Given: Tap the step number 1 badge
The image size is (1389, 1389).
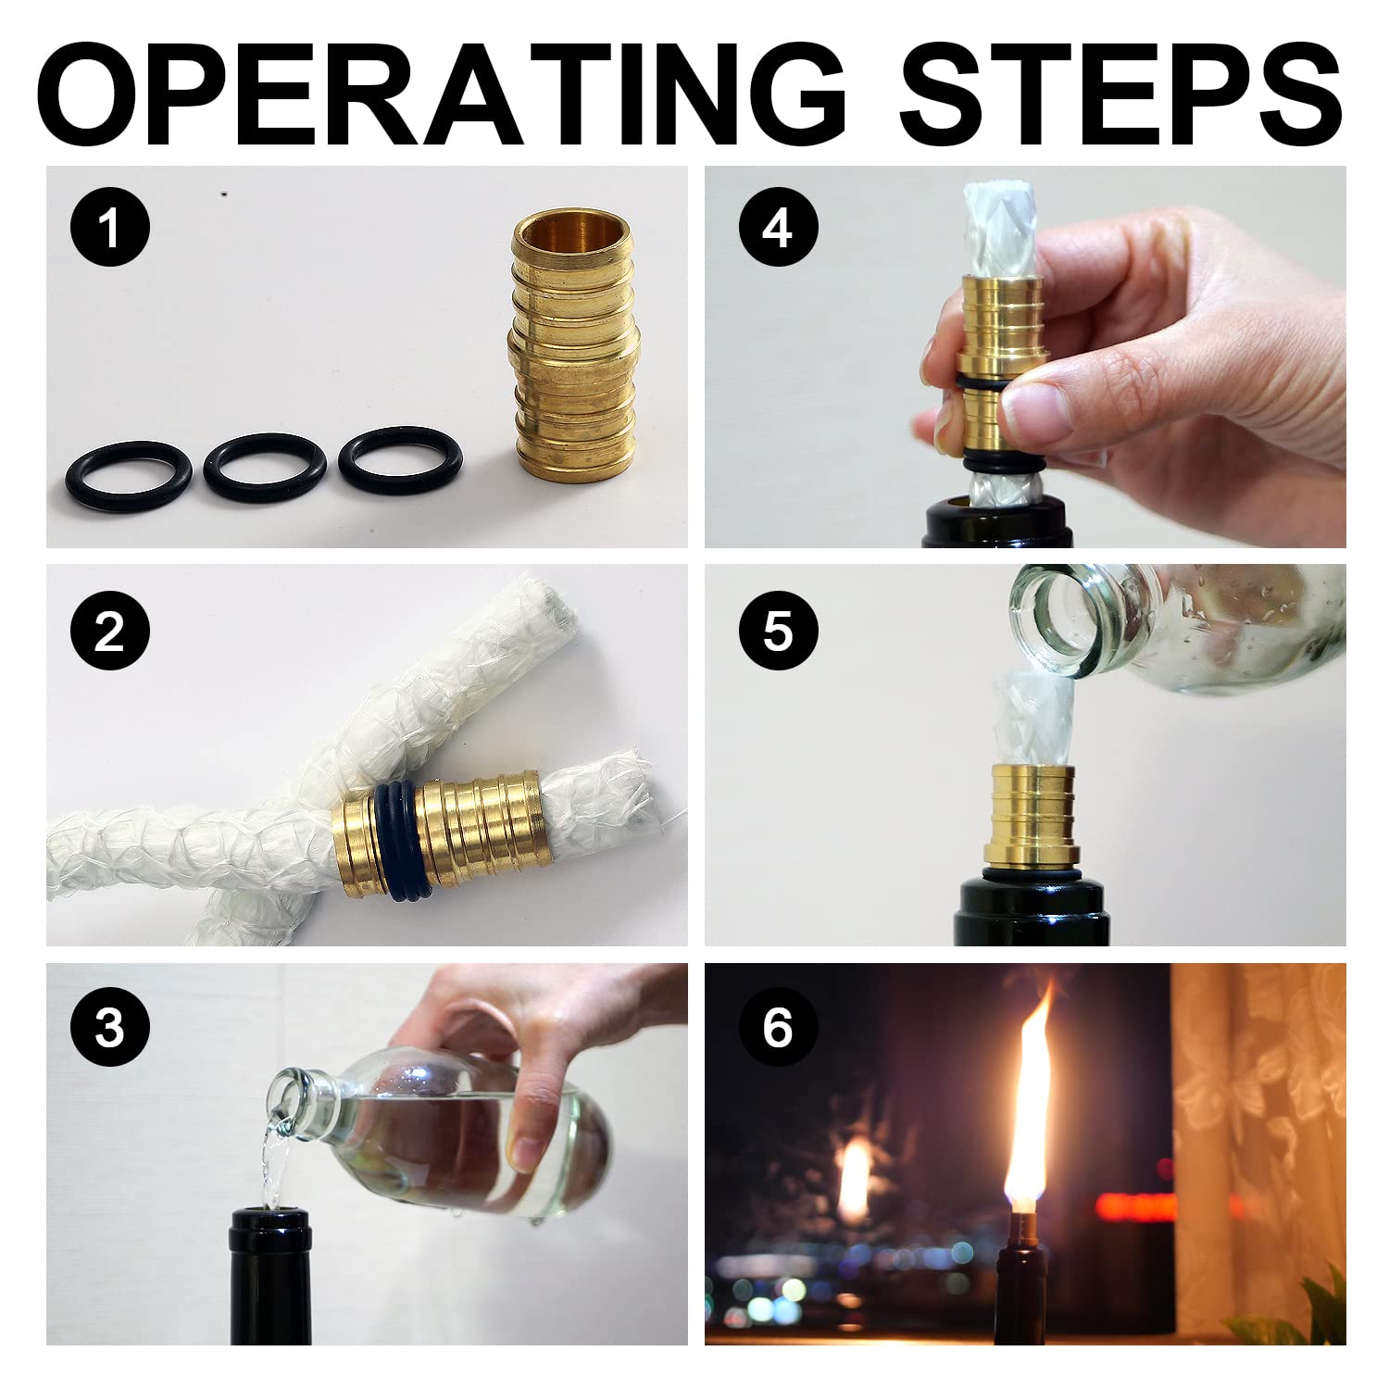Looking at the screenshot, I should point(109,226).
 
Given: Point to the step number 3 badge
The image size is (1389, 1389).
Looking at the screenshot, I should point(109,1026).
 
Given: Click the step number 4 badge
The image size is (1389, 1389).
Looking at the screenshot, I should point(778,226).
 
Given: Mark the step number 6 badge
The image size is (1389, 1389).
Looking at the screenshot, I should point(778,1026).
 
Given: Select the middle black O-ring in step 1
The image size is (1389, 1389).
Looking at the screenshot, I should point(266,463).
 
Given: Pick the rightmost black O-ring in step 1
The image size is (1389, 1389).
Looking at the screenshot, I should point(400,459).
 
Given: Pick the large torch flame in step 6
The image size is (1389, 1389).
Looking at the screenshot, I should point(1029,1111).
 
